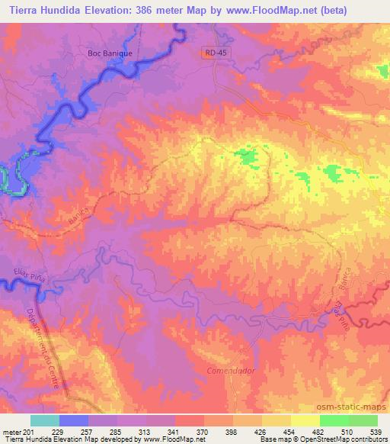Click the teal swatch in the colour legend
45,421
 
